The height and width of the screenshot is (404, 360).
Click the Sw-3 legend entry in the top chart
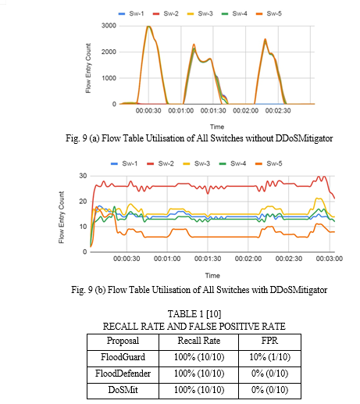click(x=200, y=13)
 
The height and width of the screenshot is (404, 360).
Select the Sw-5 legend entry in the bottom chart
click(x=269, y=163)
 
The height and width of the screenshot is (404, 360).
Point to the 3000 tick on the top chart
click(x=109, y=26)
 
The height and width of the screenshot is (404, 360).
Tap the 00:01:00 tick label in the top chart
click(x=181, y=111)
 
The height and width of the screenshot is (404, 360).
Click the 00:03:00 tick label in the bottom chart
click(x=330, y=259)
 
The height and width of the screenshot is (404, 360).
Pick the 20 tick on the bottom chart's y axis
click(x=83, y=202)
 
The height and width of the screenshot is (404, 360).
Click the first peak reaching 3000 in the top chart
click(x=148, y=27)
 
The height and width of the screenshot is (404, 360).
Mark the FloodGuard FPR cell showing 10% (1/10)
click(x=269, y=357)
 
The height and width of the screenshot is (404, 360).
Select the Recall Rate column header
click(x=199, y=341)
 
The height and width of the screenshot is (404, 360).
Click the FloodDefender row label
click(x=123, y=374)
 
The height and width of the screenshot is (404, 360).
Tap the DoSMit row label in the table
click(x=123, y=390)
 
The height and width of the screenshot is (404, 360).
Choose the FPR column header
click(x=269, y=341)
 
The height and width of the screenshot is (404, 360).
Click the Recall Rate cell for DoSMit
click(x=199, y=390)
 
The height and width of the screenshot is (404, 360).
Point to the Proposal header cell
click(x=123, y=341)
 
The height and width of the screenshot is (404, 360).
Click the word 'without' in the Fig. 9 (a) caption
click(x=258, y=138)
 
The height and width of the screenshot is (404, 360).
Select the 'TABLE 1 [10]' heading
click(x=194, y=314)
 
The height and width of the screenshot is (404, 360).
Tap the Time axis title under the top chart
click(x=217, y=127)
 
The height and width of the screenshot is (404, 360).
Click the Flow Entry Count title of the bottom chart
click(x=62, y=217)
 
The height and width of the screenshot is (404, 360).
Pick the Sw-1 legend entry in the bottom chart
click(x=124, y=163)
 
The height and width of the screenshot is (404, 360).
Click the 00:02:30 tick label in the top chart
click(x=278, y=111)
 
